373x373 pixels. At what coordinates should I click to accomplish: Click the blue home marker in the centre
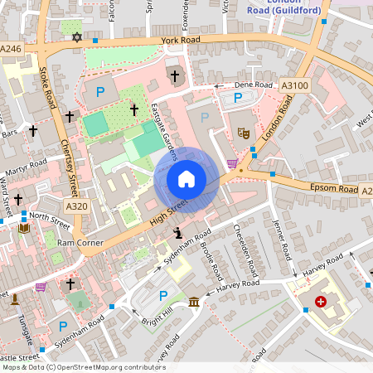186,179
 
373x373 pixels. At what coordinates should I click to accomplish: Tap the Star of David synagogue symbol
78,37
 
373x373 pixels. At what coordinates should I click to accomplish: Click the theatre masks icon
244,132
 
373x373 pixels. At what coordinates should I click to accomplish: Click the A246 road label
12,49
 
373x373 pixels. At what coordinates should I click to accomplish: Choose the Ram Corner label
80,243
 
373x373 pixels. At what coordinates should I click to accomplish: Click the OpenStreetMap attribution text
83,366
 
